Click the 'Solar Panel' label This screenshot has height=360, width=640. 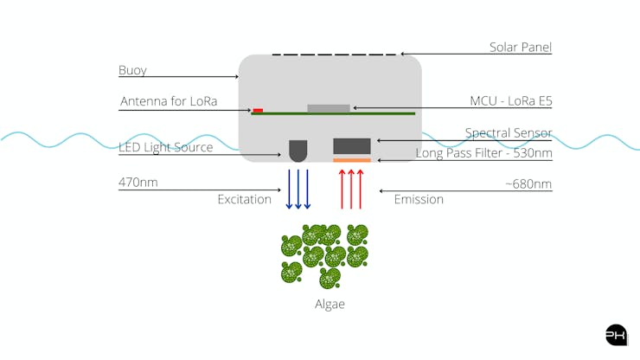pos(520,48)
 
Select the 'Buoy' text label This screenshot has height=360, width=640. pos(132,69)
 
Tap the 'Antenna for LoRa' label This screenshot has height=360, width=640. pos(168,102)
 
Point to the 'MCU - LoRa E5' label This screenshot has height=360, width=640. pos(510,101)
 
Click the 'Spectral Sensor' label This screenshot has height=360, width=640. pos(509,133)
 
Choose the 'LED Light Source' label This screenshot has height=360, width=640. pos(165,147)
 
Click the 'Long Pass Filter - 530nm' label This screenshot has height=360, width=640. pos(483,153)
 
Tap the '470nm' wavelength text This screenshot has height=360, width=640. pos(138,183)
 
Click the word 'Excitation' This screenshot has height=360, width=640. pos(244,200)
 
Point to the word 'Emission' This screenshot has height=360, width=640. pos(419,200)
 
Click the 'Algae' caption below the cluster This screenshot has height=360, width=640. pos(330,304)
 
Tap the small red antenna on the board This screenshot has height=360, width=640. pos(258,110)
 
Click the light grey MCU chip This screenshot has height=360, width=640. pos(329,108)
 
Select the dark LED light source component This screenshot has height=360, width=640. pos(298,151)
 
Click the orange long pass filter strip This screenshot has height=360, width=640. pos(352,159)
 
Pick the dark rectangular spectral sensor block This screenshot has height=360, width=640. pos(352,145)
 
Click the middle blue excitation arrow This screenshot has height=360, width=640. pos(298,189)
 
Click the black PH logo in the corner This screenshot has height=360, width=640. pos(616,335)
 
